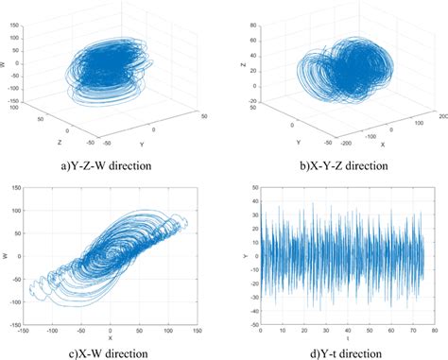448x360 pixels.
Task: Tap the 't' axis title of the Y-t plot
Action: pos(347,337)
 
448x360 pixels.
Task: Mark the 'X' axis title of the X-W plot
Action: pos(110,338)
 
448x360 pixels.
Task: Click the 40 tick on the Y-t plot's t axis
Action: pos(348,331)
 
